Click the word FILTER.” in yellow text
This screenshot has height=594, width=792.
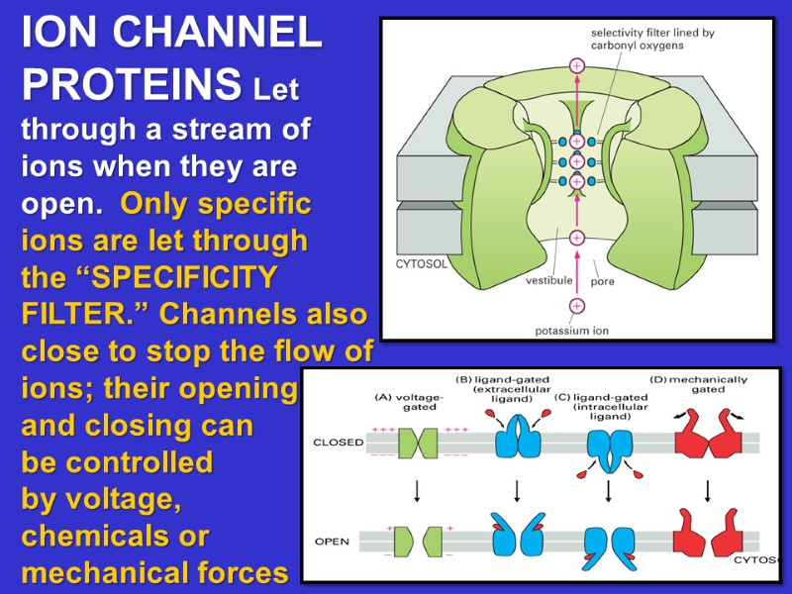point(84,314)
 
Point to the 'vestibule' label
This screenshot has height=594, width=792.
point(548,280)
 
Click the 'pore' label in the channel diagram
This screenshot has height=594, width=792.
point(603,280)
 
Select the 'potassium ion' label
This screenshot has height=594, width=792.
point(573,331)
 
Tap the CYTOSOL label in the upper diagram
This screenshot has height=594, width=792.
point(423,264)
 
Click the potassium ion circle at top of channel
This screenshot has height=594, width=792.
point(577,66)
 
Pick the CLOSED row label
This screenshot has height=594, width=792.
point(338,442)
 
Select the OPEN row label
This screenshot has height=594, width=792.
point(332,542)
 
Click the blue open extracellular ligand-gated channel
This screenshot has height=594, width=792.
point(517,536)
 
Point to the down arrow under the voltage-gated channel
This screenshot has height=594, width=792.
point(417,491)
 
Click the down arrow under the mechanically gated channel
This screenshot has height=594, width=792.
point(707,491)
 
